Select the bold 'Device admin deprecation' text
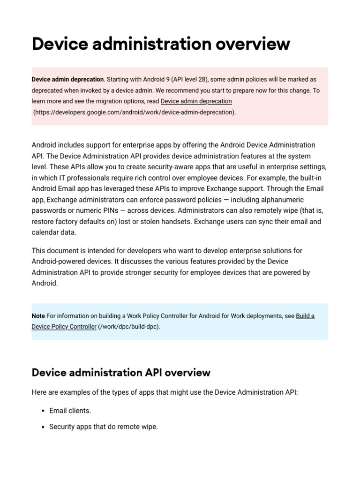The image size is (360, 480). tap(67, 80)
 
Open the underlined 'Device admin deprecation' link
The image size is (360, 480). tap(196, 101)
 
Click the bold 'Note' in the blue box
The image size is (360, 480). tap(38, 316)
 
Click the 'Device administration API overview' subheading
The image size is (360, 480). tap(121, 373)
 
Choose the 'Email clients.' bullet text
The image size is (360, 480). tap(70, 411)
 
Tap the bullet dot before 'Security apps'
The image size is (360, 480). tap(43, 427)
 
